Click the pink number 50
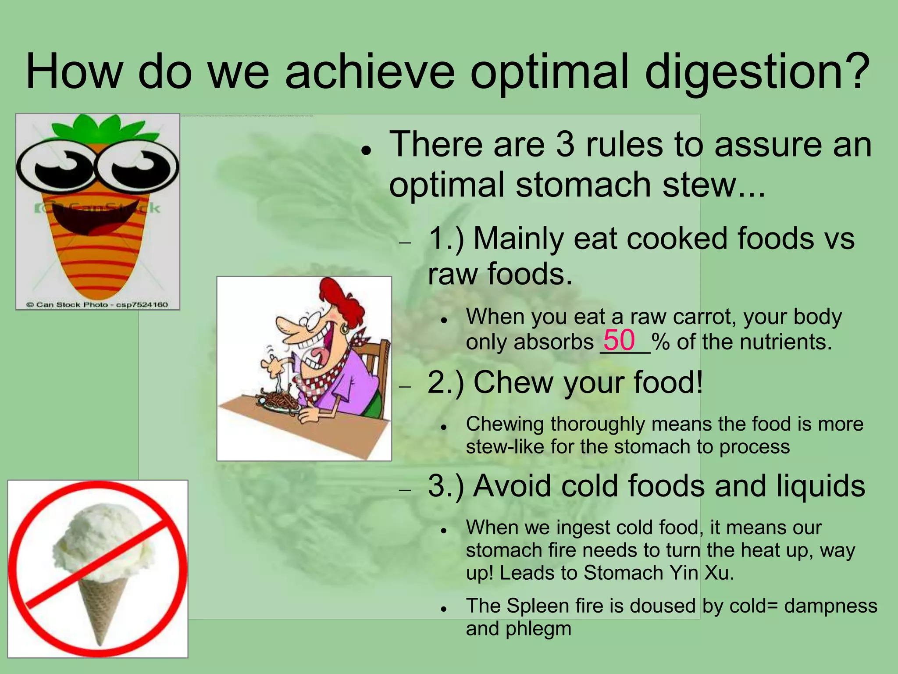(619, 340)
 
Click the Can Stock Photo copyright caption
(97, 304)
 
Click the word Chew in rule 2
(514, 382)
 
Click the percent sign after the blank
(660, 342)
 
